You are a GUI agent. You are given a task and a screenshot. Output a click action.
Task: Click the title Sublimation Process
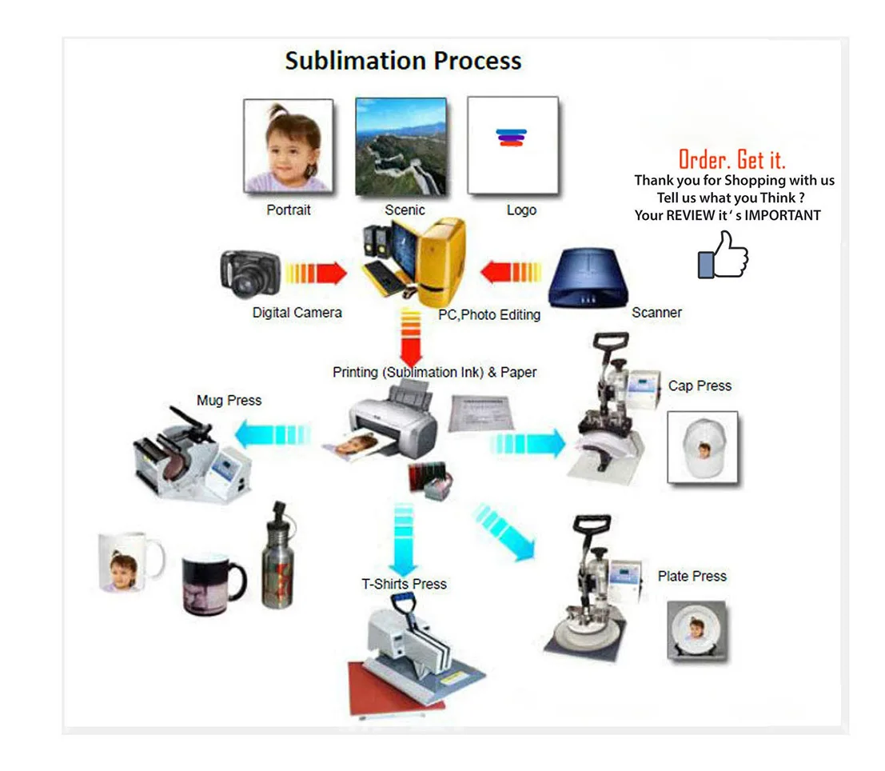(403, 61)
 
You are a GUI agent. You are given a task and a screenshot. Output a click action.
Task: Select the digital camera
(250, 274)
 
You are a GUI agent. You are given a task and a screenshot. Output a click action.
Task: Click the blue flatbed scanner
(588, 278)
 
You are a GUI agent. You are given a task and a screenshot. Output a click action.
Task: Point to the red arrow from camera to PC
(316, 274)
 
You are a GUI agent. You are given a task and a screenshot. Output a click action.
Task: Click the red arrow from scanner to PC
(511, 272)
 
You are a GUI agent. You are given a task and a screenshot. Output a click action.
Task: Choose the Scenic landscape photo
(401, 147)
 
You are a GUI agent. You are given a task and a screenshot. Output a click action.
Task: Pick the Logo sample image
(512, 146)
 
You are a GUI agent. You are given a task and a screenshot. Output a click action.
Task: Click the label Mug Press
(229, 400)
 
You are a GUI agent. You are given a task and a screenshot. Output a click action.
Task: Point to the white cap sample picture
(703, 447)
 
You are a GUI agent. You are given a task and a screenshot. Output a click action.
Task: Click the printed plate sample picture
(696, 629)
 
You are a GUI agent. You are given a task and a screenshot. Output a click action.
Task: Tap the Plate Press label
(692, 576)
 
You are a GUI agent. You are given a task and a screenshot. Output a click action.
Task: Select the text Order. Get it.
(732, 160)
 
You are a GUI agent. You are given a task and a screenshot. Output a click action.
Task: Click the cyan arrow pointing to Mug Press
(273, 433)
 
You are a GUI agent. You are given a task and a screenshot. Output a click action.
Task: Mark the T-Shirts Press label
(404, 584)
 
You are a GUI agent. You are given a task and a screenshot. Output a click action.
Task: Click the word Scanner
(656, 313)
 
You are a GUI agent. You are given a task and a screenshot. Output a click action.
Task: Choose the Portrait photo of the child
(289, 146)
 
